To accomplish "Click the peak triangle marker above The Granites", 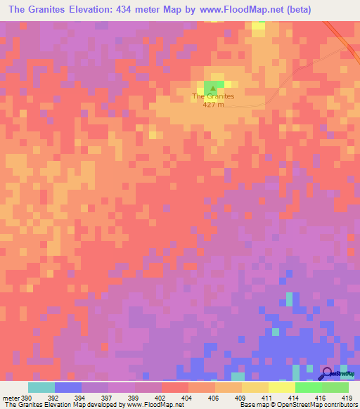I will [x=213, y=88].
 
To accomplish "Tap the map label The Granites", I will [x=213, y=96].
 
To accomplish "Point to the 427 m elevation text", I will [x=213, y=105].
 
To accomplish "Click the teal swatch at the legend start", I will [x=41, y=387].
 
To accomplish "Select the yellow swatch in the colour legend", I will [x=281, y=387].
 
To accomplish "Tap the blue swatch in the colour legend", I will [x=68, y=387].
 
